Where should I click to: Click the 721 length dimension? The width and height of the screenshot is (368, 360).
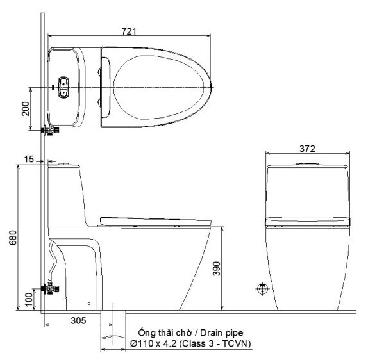(129, 31)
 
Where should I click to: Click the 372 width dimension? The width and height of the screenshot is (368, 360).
(307, 148)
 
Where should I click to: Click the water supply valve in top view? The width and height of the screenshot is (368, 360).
(49, 130)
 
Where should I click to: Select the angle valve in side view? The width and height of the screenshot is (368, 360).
(49, 289)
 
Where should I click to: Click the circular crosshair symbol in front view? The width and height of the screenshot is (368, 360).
(262, 289)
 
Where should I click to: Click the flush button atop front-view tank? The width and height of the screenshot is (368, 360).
(307, 165)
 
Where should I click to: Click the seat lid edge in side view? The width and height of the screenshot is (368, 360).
(154, 220)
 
